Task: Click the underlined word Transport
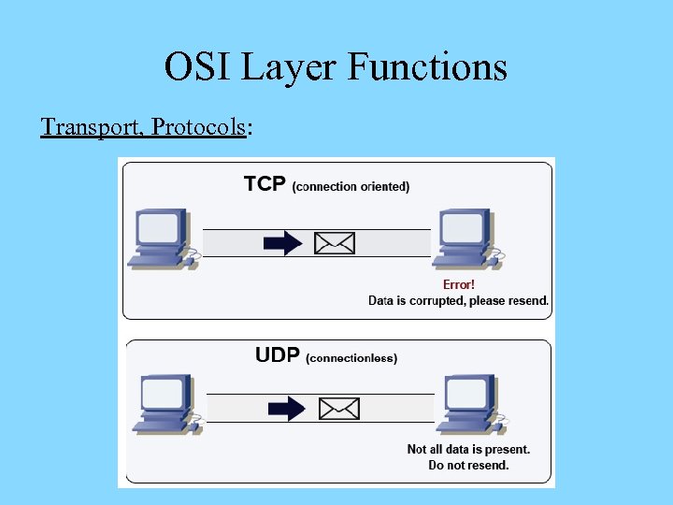[x=90, y=126]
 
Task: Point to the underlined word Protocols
[x=197, y=126]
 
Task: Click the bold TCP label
[x=265, y=184]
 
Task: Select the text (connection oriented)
[x=351, y=187]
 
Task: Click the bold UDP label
[x=278, y=355]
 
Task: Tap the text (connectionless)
[x=351, y=358]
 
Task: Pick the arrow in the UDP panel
[x=287, y=408]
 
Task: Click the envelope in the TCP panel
[x=334, y=243]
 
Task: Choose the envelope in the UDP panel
[x=338, y=408]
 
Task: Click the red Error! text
[x=458, y=284]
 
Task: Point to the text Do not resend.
[x=468, y=465]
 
